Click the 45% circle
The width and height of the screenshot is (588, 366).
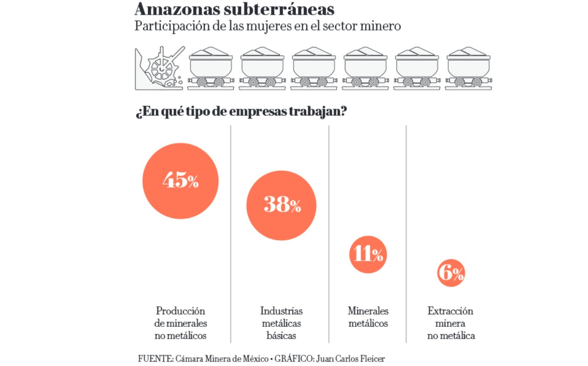click(x=180, y=180)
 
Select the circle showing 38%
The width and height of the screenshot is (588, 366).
click(x=281, y=205)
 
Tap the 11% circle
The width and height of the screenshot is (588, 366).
click(x=368, y=254)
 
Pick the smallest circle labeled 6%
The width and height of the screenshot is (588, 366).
click(x=451, y=273)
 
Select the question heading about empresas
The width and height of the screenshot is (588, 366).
click(x=242, y=112)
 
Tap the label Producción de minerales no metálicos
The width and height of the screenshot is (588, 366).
click(x=180, y=323)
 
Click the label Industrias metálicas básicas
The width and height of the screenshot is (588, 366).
click(x=281, y=323)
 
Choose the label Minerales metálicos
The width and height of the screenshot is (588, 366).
click(x=368, y=317)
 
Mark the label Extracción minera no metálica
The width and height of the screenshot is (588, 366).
click(x=451, y=323)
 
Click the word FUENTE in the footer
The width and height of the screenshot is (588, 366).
click(x=155, y=358)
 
